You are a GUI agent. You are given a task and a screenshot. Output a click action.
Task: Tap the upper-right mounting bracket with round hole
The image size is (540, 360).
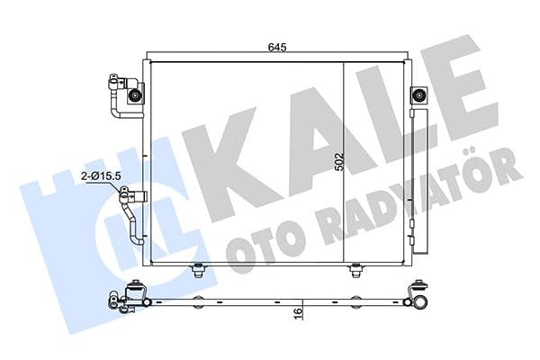[418, 95]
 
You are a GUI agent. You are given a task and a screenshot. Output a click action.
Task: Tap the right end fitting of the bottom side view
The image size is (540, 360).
[418, 296]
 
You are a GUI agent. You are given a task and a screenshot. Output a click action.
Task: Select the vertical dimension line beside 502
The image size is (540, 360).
[347, 162]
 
